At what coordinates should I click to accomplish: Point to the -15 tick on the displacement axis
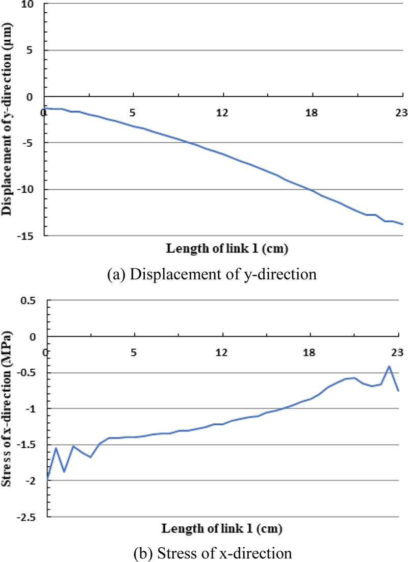click(x=31, y=236)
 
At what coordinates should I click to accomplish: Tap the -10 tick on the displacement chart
click(x=31, y=189)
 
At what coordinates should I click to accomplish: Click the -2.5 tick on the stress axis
click(x=32, y=517)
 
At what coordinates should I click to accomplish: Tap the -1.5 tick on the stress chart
click(x=32, y=445)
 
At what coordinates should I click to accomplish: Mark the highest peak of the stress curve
click(x=389, y=366)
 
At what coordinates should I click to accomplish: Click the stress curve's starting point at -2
click(x=48, y=480)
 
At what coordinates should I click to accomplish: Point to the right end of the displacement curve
click(x=402, y=224)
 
